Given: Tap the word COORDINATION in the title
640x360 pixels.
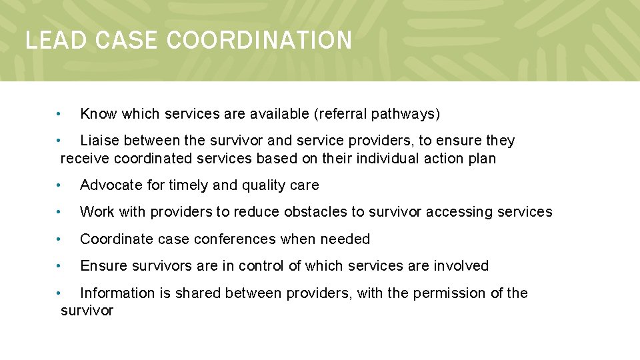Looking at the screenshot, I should tap(259, 41).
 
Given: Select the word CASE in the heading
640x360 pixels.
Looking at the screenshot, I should tap(127, 41).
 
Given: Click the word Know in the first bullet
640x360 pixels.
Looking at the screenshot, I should tap(98, 114).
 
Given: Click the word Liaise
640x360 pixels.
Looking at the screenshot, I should tap(99, 141).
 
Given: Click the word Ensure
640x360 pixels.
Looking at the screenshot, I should tap(102, 266).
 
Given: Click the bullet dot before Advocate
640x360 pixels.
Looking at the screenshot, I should tap(59, 185).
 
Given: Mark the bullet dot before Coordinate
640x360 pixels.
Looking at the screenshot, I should tap(59, 239).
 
